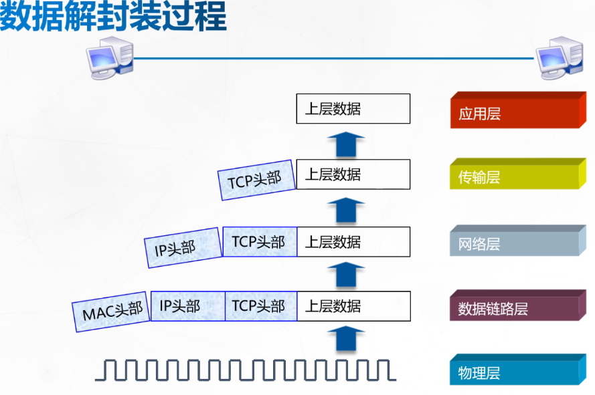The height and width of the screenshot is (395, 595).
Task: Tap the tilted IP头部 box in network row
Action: point(183,248)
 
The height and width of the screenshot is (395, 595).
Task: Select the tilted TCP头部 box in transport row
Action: point(256,179)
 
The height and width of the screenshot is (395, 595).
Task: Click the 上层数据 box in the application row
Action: point(353,108)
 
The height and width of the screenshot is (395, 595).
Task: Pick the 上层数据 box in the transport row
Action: point(353,174)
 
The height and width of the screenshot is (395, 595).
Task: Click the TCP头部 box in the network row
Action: point(260,242)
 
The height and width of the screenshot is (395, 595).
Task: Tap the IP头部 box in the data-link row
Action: point(187,306)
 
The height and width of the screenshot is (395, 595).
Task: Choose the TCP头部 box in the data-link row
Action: point(260,306)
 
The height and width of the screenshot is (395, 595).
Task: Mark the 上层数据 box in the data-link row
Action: point(353,306)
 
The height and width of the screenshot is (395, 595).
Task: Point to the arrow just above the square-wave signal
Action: point(345,339)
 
